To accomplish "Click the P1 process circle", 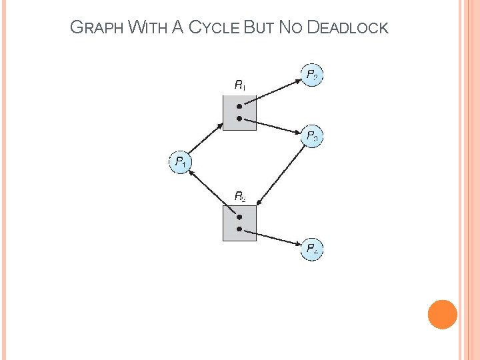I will click(x=180, y=162).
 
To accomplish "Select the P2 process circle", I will click(x=311, y=75).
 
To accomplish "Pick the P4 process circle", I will click(x=312, y=249).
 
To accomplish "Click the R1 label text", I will click(x=240, y=85).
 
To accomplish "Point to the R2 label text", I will click(x=240, y=196).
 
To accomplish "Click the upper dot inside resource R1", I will click(x=239, y=105).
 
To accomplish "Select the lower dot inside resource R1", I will click(x=239, y=118).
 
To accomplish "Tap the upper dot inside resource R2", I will click(x=239, y=216).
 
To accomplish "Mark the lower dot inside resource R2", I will click(x=239, y=229).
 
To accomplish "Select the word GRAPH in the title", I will click(x=97, y=28).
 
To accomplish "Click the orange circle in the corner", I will click(x=442, y=315).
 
